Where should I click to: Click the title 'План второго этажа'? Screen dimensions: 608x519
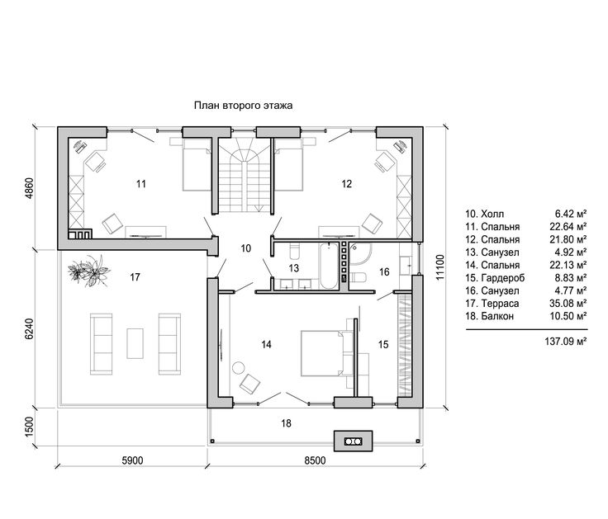(243, 106)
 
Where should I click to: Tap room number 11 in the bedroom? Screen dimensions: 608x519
(141, 183)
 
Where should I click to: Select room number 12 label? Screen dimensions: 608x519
(347, 183)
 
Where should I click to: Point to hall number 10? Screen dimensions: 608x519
(246, 248)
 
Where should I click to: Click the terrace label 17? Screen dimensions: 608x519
(135, 277)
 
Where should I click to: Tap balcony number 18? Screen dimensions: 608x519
(286, 423)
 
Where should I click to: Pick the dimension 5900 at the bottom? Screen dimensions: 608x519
(133, 460)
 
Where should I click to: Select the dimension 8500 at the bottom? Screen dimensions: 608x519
(315, 460)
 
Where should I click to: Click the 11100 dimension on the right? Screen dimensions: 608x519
(439, 267)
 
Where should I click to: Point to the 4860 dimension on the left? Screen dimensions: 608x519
(30, 189)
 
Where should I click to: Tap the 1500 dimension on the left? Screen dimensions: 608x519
(30, 427)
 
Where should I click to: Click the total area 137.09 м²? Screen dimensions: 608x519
(565, 342)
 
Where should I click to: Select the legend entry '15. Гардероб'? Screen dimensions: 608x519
(495, 278)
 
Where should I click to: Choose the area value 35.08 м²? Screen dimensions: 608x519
(568, 304)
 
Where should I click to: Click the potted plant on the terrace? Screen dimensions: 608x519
(88, 271)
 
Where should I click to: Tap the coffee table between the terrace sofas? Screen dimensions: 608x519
(135, 343)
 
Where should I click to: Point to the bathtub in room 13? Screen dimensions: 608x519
(329, 266)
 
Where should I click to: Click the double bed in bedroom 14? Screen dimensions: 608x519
(326, 353)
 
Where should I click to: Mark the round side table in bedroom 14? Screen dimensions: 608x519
(238, 367)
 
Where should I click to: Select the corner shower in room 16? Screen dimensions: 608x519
(360, 253)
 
